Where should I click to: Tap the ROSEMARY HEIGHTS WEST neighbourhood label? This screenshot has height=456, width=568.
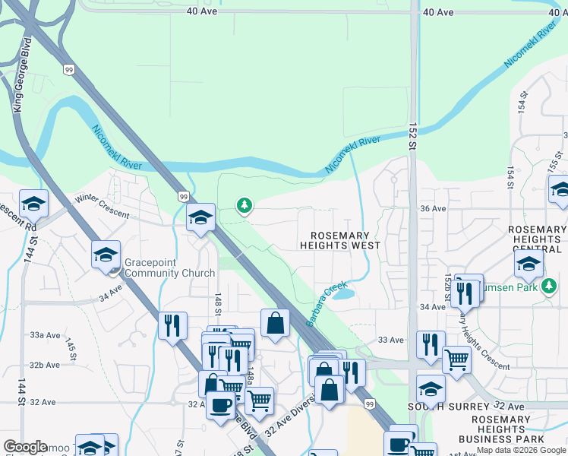click(339, 241)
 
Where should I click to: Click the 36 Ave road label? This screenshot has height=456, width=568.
click(432, 208)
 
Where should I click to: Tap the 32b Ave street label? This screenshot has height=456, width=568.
click(45, 365)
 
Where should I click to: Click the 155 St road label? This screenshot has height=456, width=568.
click(553, 163)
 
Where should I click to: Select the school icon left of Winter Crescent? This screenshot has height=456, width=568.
click(33, 204)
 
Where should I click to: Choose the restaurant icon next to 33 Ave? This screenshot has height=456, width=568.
click(431, 345)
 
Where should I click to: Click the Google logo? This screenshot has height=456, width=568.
click(25, 447)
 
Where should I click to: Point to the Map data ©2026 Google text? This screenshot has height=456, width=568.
click(521, 450)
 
